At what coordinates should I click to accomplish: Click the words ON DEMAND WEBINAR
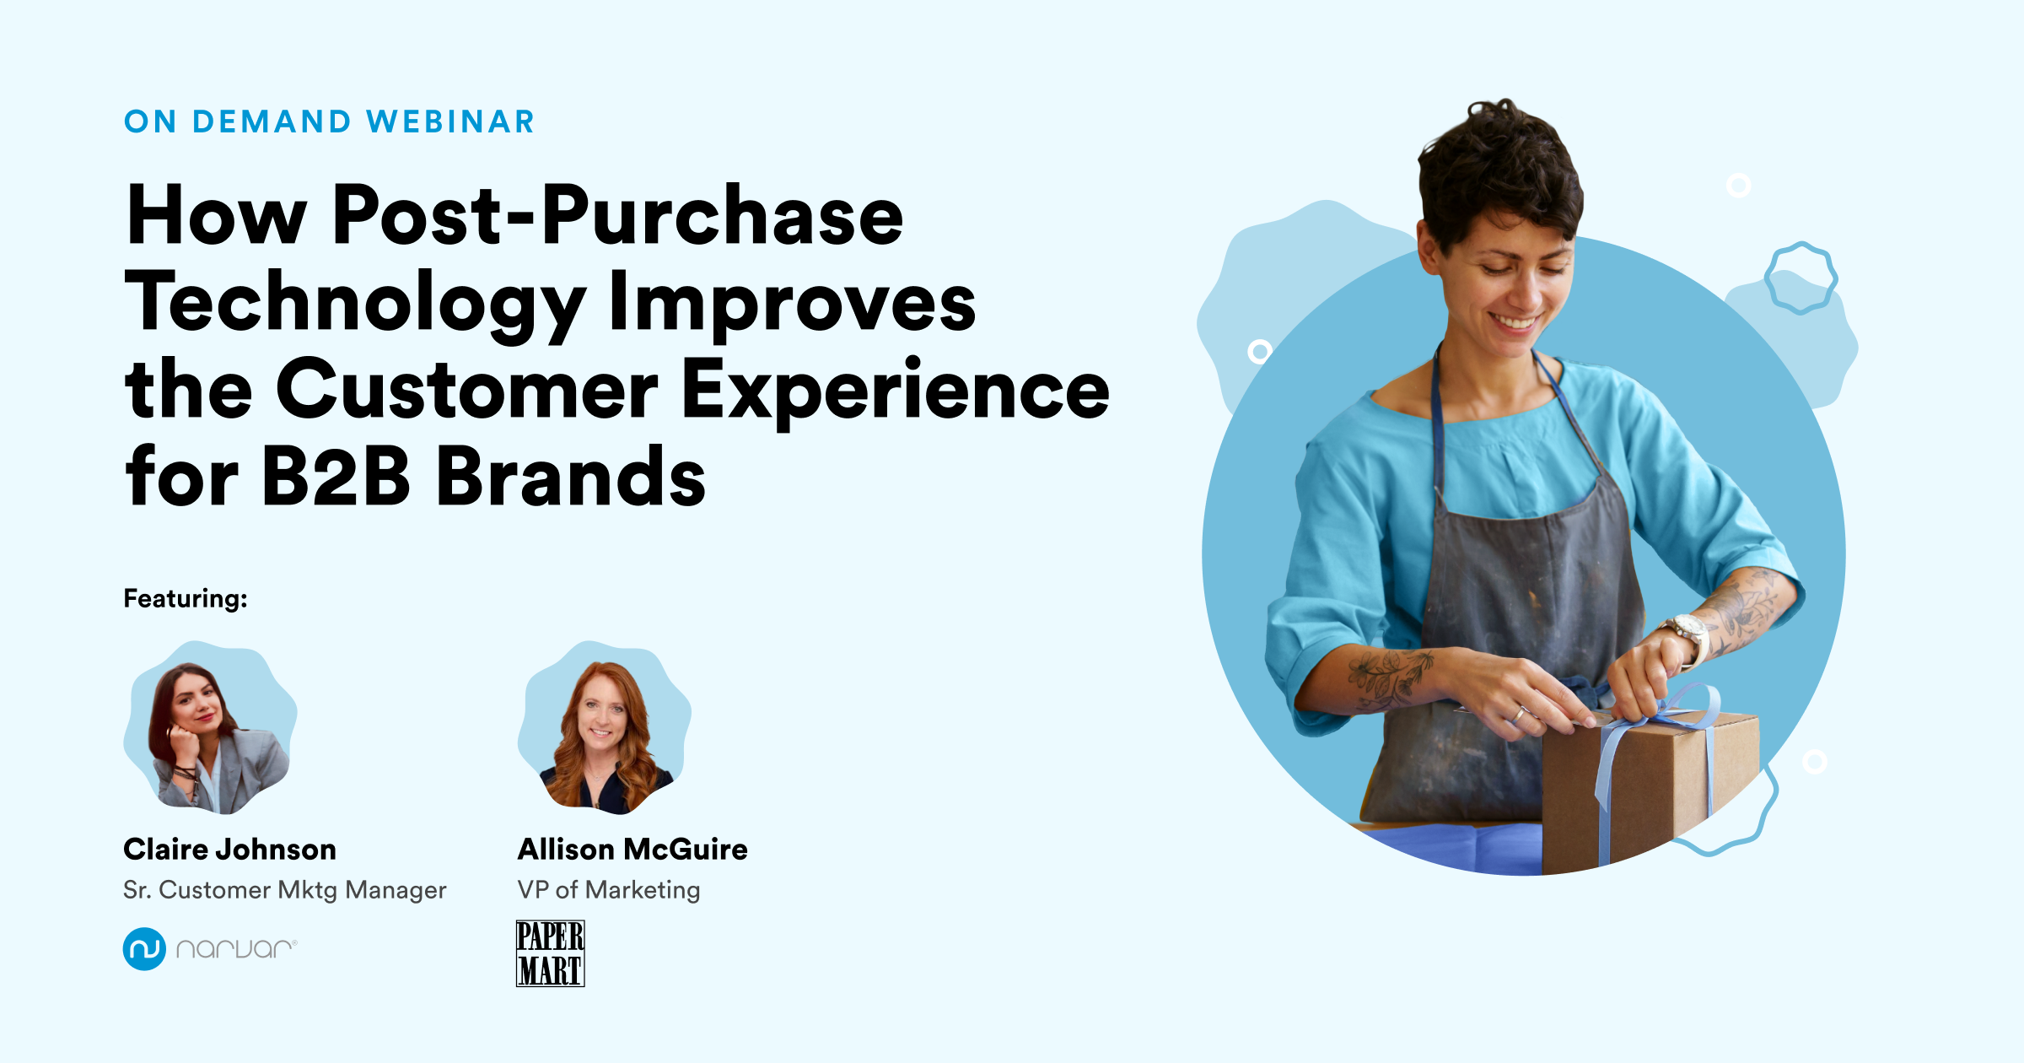coord(329,122)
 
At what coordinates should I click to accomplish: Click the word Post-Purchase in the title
coord(617,216)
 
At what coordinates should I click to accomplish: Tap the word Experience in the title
coord(894,390)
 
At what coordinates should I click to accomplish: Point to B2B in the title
coord(336,478)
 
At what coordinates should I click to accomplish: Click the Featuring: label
coord(186,599)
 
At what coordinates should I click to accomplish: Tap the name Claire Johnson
coord(229,850)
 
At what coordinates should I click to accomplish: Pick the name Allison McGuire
coord(632,850)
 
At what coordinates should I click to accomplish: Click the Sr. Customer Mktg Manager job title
coord(284,890)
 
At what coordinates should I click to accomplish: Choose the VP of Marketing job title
coord(609,890)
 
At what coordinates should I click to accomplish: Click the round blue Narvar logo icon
coord(144,949)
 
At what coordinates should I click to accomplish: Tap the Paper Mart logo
coord(550,954)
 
